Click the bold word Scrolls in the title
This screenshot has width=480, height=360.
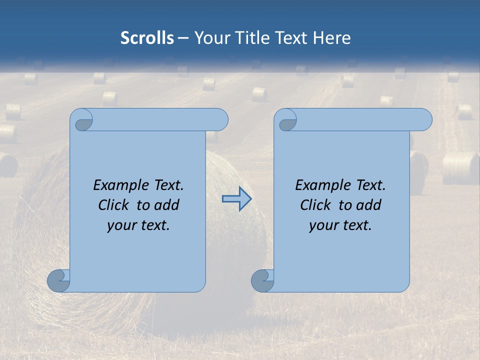tap(147, 38)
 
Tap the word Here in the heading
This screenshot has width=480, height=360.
tap(332, 38)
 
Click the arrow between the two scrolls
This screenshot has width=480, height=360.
tap(236, 199)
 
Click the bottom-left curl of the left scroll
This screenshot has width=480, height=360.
tap(58, 280)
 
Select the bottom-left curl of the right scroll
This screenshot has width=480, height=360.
tap(262, 280)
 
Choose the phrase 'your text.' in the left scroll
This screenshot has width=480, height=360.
tap(138, 225)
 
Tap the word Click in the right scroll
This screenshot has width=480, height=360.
tap(315, 205)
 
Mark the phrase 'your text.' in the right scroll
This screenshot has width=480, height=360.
tap(340, 225)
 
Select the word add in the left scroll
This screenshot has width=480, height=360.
tap(166, 205)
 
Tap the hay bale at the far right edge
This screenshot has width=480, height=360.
tap(460, 168)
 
